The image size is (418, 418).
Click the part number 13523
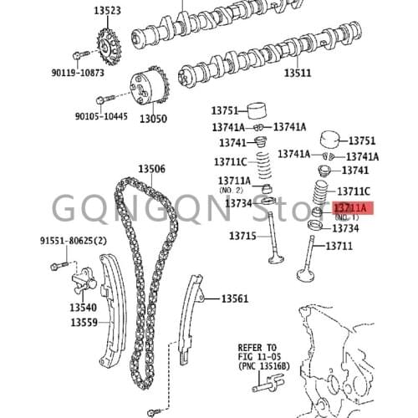[x=105, y=11]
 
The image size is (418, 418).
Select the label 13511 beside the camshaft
[x=296, y=73]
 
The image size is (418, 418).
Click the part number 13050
[x=153, y=119]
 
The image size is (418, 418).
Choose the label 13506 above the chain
[x=151, y=169]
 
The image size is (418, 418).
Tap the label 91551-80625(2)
[x=74, y=241]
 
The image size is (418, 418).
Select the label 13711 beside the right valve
[x=339, y=246]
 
